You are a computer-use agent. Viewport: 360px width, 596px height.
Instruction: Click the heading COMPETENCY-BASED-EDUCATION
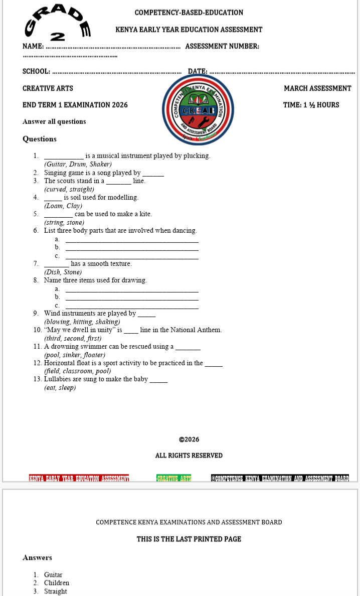tap(189, 13)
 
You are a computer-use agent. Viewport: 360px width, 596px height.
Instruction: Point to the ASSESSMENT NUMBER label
tap(222, 47)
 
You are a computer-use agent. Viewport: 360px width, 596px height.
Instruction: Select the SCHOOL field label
tap(36, 72)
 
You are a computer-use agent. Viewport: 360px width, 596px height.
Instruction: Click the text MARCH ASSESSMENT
tap(317, 88)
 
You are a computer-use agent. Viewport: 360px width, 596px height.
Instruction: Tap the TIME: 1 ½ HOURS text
tap(311, 105)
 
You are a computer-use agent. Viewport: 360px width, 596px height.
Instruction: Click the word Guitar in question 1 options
tap(55, 164)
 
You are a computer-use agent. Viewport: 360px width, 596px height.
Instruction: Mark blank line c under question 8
tap(132, 307)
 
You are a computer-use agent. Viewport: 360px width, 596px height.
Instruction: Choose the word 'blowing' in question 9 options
tap(58, 322)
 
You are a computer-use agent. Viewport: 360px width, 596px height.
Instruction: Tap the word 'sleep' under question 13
tap(67, 388)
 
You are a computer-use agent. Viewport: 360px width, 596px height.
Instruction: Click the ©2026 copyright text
tap(189, 439)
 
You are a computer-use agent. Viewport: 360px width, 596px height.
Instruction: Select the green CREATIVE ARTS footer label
tap(174, 478)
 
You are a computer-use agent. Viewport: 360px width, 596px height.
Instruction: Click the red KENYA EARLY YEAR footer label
tap(79, 478)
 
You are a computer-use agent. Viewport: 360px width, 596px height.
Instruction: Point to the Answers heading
tap(37, 557)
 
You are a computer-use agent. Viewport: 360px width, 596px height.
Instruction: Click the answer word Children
tap(57, 583)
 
